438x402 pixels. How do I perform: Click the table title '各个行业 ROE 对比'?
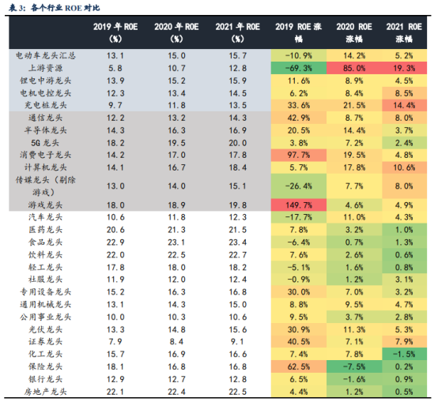[x=66, y=8]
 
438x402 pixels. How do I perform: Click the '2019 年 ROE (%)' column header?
[x=115, y=32]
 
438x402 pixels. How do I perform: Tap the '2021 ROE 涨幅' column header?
[x=404, y=32]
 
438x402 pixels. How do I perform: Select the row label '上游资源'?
[x=46, y=68]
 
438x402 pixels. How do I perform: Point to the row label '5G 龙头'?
[x=45, y=143]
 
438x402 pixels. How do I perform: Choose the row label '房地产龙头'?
[x=46, y=392]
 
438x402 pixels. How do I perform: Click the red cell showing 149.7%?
[x=299, y=205]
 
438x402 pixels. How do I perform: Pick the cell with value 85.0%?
[x=354, y=68]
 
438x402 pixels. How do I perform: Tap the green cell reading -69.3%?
[x=299, y=68]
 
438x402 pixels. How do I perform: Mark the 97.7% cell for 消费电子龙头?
[x=299, y=155]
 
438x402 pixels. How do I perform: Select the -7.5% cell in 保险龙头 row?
[x=354, y=366]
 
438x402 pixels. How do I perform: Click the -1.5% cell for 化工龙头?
[x=404, y=354]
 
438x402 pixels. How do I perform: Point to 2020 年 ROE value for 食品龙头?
[x=176, y=242]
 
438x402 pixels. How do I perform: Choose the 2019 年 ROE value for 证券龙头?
[x=115, y=341]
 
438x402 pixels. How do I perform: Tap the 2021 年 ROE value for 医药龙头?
[x=238, y=230]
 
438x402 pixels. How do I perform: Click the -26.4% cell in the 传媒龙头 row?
[x=299, y=186]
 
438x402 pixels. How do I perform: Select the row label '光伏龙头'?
[x=46, y=329]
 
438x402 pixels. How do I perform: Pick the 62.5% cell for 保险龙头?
[x=299, y=366]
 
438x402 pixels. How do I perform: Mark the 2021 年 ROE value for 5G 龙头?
[x=238, y=143]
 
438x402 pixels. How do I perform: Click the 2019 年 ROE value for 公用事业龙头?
[x=115, y=317]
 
